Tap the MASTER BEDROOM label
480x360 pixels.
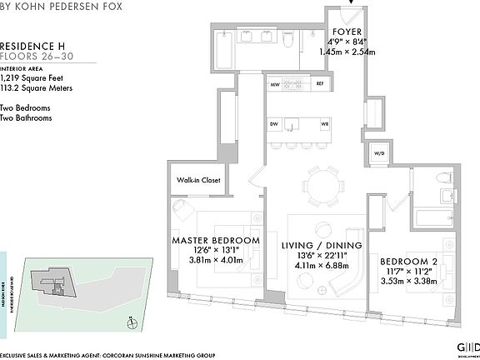[x=215, y=240]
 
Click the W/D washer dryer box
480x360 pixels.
[x=378, y=153]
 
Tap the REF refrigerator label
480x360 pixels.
[x=319, y=84]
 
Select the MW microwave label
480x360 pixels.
[x=274, y=84]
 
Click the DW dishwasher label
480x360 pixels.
[x=273, y=125]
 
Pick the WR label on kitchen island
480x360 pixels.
[x=324, y=125]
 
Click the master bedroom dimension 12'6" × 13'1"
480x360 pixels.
[x=215, y=249]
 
